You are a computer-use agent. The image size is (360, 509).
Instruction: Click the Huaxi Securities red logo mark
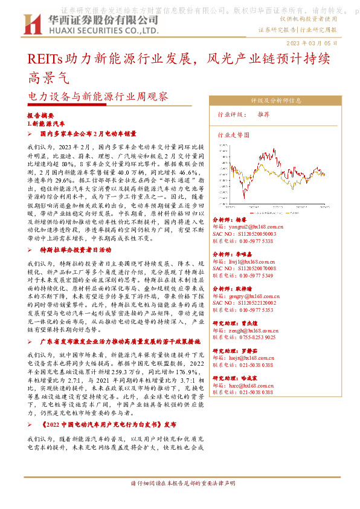[x=31, y=24]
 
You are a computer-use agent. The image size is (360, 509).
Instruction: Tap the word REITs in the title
[x=43, y=59]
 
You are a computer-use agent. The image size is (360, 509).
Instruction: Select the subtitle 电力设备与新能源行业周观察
[x=98, y=96]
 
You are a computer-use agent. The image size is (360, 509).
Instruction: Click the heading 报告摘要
[x=41, y=114]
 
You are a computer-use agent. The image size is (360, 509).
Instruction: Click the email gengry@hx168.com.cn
[x=251, y=297]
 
